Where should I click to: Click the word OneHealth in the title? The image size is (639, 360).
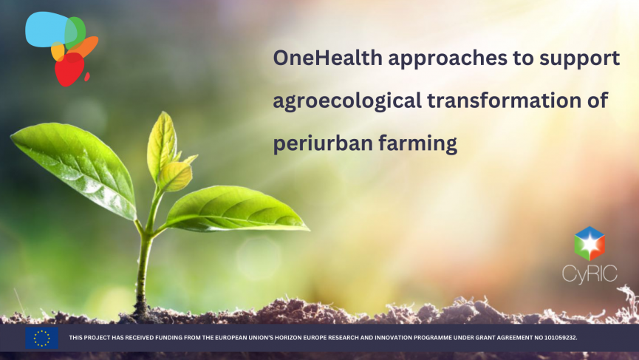(x=328, y=58)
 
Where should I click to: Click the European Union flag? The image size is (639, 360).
(x=41, y=338)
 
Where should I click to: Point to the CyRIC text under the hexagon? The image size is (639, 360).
(x=590, y=274)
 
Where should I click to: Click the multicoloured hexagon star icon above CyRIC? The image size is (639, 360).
(x=590, y=244)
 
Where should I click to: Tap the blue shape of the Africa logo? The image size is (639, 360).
(x=46, y=29)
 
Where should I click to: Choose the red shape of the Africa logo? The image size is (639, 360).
(x=69, y=69)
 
